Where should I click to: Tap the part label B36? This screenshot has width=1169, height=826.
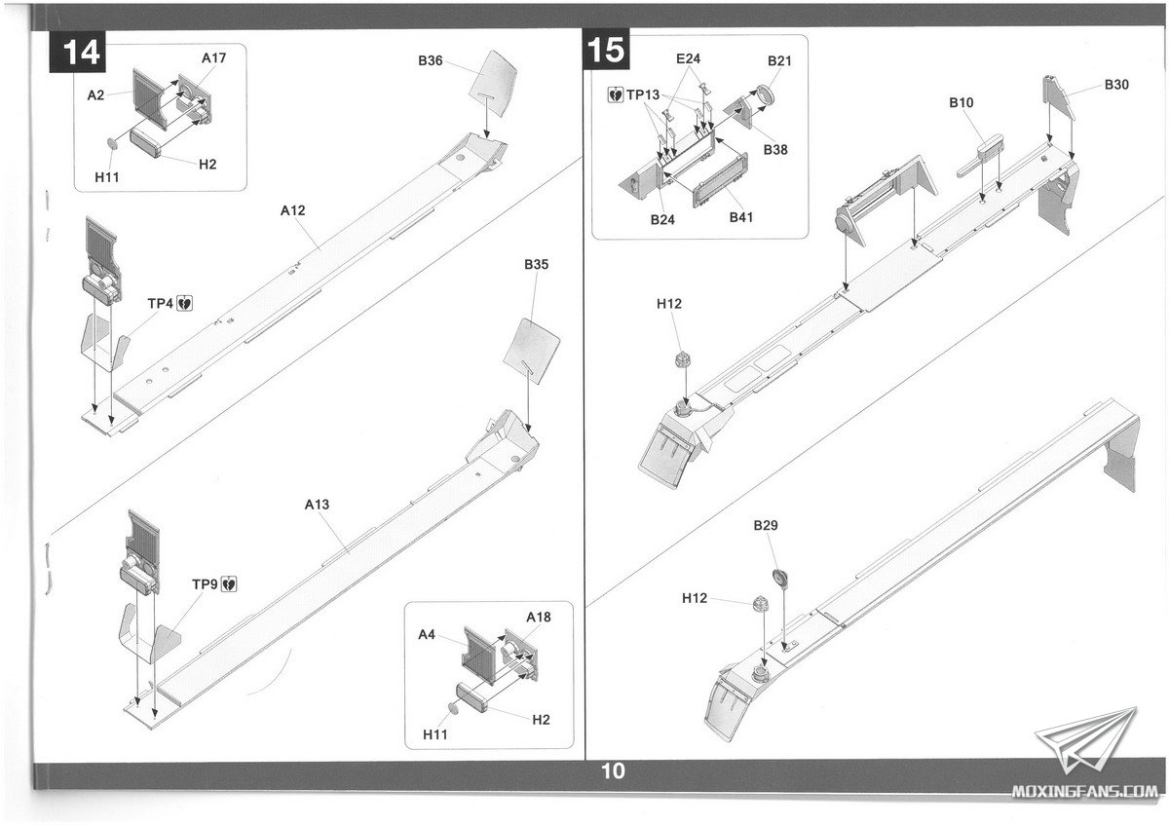pos(431,61)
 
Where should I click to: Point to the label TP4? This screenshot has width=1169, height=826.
pos(161,304)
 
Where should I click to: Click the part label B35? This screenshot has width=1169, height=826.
pos(536,264)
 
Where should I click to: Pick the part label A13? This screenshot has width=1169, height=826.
pos(318,505)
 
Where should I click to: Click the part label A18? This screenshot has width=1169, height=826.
pos(539,618)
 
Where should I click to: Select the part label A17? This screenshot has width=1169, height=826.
pos(214,58)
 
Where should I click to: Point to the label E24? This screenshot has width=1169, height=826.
pos(689,58)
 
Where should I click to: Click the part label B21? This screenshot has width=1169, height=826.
pos(779,60)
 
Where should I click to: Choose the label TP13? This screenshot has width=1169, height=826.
pos(643,94)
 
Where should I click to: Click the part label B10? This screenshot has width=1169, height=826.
pos(962,102)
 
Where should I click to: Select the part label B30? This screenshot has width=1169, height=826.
pos(1116,85)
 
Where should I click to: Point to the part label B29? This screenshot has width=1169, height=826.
pos(766,526)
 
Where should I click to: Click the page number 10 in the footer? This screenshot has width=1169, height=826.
pos(613,772)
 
